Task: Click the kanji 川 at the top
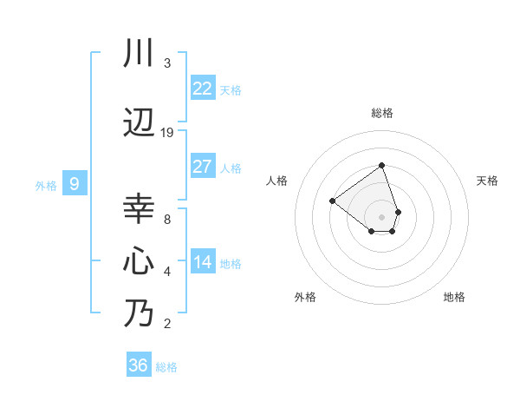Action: (x=139, y=54)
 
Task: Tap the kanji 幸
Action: (x=139, y=209)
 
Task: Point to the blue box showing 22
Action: (x=202, y=89)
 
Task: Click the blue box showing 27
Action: (x=202, y=167)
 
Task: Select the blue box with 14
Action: (x=202, y=262)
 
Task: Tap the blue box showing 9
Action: (x=75, y=184)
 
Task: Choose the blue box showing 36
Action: (x=139, y=365)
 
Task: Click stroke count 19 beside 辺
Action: (x=167, y=133)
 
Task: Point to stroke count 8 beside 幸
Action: (x=167, y=219)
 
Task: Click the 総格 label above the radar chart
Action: (x=382, y=113)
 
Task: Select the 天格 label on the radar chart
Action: (x=488, y=181)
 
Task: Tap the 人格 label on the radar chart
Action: (x=276, y=181)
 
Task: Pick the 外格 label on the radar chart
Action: (x=305, y=297)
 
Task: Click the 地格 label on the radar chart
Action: (x=454, y=297)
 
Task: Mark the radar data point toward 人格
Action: (x=332, y=201)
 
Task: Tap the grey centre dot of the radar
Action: (x=382, y=217)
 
